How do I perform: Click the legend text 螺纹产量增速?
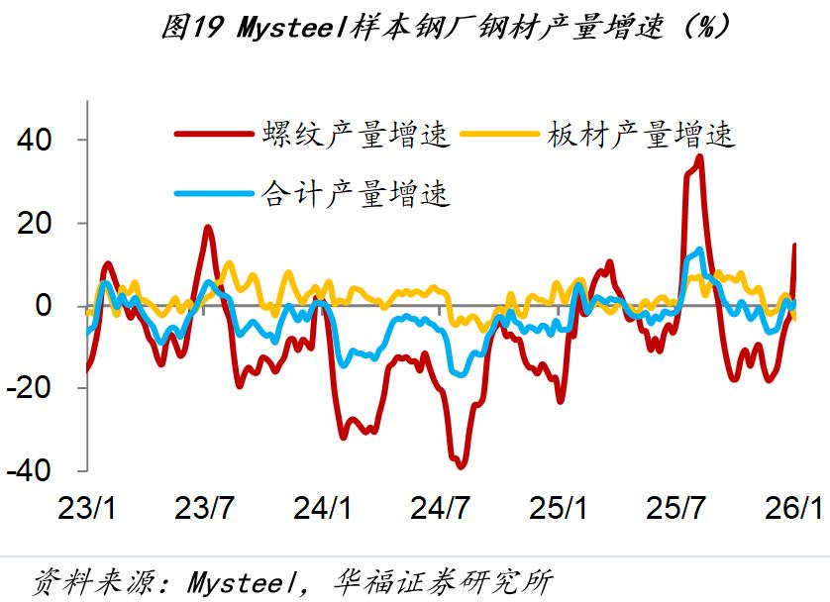356,135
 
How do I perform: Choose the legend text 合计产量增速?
356,193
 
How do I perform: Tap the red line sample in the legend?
212,135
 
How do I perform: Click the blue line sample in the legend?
212,193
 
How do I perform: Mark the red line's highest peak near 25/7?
699,156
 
